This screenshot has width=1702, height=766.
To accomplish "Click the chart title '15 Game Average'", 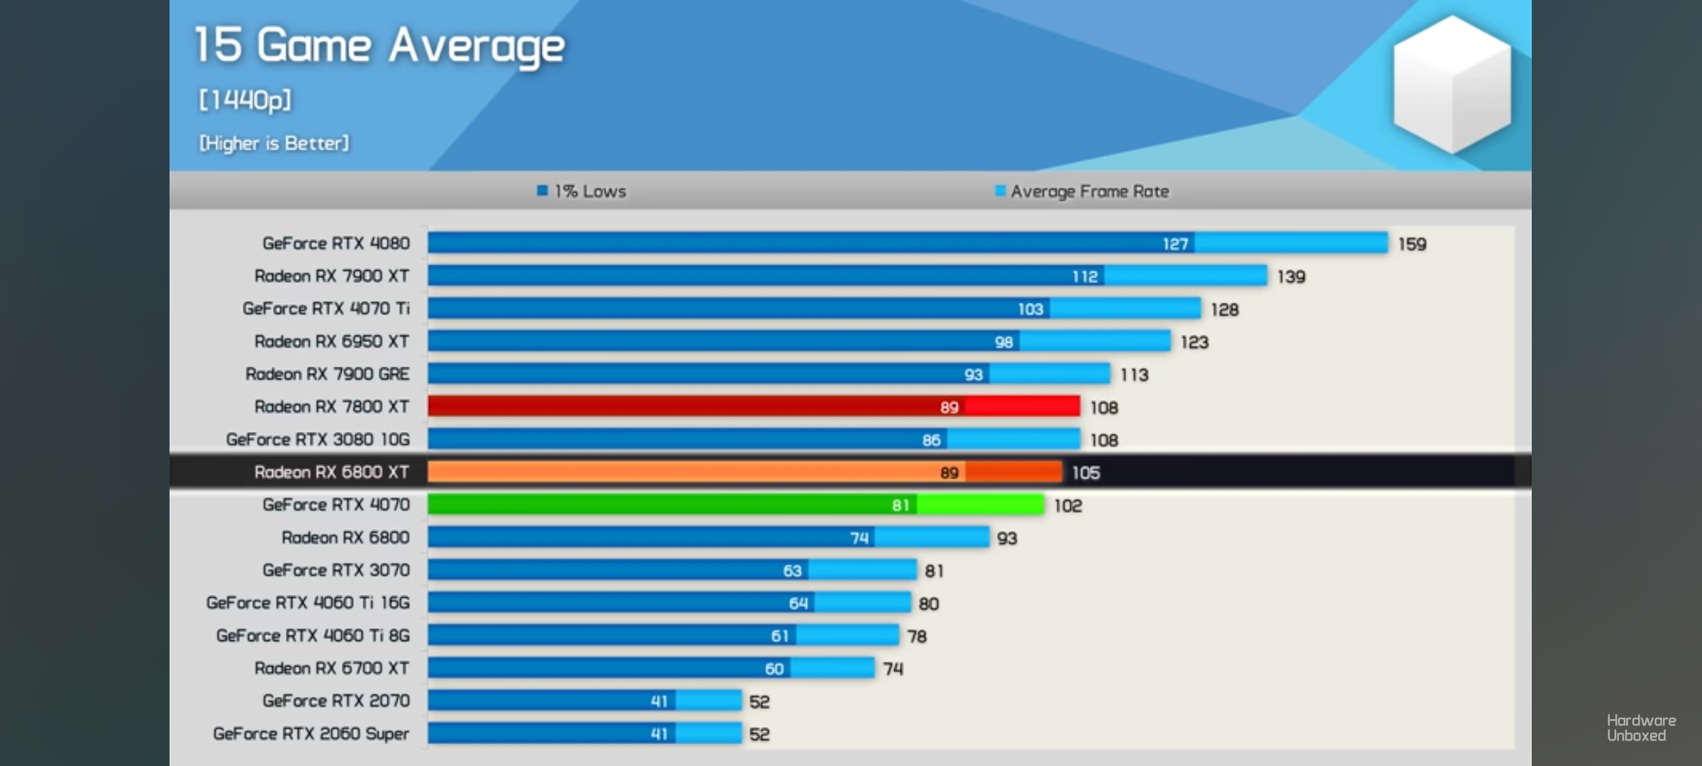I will click(379, 46).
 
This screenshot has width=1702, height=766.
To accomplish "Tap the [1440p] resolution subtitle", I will click(245, 100).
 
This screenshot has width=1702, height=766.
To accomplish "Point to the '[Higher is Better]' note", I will click(274, 143).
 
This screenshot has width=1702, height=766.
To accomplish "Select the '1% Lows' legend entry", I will click(582, 191).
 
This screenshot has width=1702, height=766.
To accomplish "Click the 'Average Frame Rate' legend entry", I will click(1082, 191).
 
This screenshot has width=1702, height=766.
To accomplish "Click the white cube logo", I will click(1452, 84).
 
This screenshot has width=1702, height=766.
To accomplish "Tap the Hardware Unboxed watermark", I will click(1641, 728).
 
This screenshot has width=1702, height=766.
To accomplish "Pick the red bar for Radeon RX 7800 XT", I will click(753, 406).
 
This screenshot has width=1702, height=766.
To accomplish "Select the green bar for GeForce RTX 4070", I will click(735, 505).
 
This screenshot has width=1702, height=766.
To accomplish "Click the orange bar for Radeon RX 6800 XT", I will click(745, 472).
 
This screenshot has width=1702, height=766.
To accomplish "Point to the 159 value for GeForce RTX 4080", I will click(1412, 244).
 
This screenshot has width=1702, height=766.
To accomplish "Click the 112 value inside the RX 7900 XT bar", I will click(1085, 277).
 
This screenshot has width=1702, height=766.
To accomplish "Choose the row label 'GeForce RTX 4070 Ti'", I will click(326, 309).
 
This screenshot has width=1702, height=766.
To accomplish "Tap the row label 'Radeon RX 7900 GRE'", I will click(328, 374).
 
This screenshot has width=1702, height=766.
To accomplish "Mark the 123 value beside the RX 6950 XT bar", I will click(1194, 343).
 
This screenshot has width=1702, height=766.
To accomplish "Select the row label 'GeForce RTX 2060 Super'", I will click(311, 733).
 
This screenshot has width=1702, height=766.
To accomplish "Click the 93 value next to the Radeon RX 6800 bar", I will click(1007, 538).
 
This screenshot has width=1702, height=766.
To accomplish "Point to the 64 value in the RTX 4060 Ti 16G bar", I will click(799, 604).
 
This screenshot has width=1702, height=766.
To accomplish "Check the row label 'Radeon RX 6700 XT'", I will click(332, 668).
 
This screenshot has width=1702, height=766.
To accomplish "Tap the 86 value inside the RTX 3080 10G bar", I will click(931, 440).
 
